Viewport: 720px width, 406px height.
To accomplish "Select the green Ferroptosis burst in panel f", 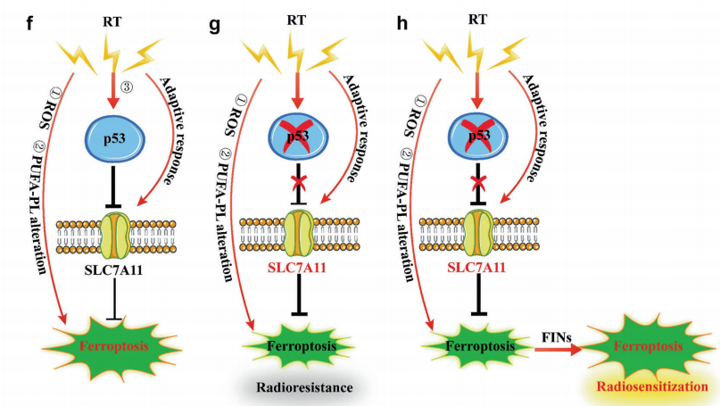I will (110, 344).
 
